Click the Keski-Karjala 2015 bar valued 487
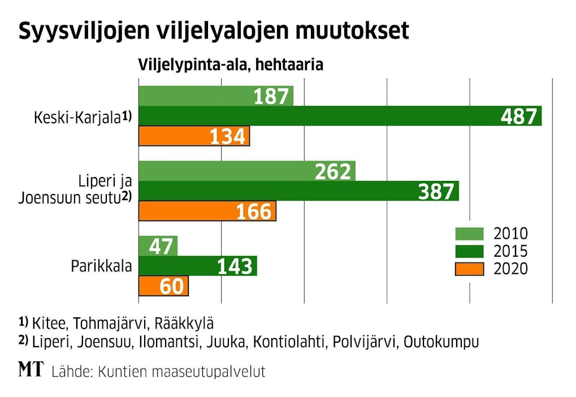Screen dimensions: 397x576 tap(339, 116)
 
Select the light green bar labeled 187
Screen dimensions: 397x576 tap(216, 97)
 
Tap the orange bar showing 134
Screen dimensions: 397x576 tap(194, 136)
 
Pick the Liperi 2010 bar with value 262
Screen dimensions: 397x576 tap(246, 171)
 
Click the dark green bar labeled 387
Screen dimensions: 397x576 tap(298, 191)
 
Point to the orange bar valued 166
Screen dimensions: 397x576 tap(207, 211)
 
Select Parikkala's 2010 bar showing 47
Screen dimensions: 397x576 tap(158, 246)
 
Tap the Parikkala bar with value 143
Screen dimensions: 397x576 tap(197, 266)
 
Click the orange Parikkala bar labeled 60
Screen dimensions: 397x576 tap(163, 286)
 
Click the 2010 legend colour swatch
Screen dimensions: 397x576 tap(469, 233)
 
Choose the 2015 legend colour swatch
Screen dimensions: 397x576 tap(469, 251)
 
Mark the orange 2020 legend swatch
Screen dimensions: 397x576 tap(469, 269)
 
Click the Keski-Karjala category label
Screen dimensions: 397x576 tap(77, 118)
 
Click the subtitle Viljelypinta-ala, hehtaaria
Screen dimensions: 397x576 tap(231, 65)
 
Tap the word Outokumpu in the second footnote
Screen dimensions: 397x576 tap(441, 342)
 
